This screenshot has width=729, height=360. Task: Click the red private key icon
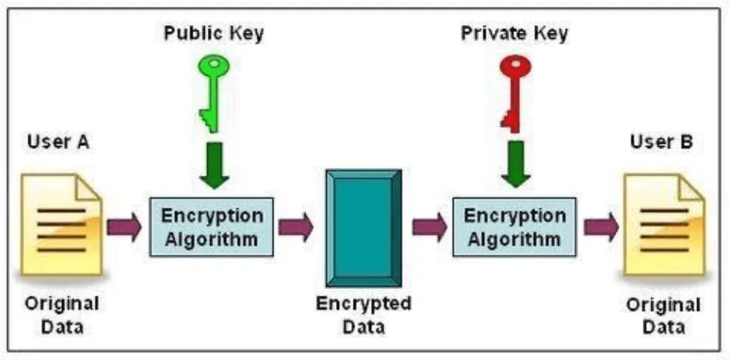coord(514,89)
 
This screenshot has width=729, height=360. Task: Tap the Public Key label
coord(213,33)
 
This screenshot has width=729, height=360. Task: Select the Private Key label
coord(515,33)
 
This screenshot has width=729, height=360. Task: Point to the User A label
coord(58,142)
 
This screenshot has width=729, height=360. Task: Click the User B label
coord(661,142)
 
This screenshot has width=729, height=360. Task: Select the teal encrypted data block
coord(363,227)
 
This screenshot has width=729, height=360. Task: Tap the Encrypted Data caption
coord(363,315)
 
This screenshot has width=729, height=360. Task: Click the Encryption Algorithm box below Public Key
coord(211,227)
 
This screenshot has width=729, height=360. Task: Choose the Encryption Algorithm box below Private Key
coord(515,227)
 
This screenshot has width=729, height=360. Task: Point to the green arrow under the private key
coord(515,164)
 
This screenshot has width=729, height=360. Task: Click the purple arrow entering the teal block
coord(295,227)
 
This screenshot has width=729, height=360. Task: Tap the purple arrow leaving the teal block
coord(429,227)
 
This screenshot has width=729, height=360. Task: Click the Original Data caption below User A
coord(63,314)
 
